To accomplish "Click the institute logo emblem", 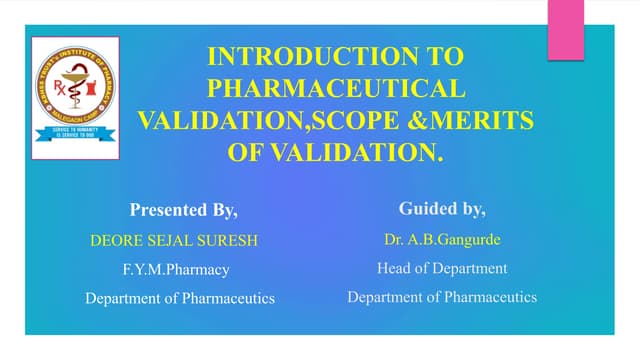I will click(75, 84).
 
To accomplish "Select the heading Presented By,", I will click(184, 210).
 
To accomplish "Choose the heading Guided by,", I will click(442, 209).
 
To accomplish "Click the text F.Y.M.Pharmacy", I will click(177, 269).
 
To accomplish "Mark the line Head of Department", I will click(442, 268).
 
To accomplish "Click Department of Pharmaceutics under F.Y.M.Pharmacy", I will click(180, 298).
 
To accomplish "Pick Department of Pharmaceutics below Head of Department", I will click(442, 297).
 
